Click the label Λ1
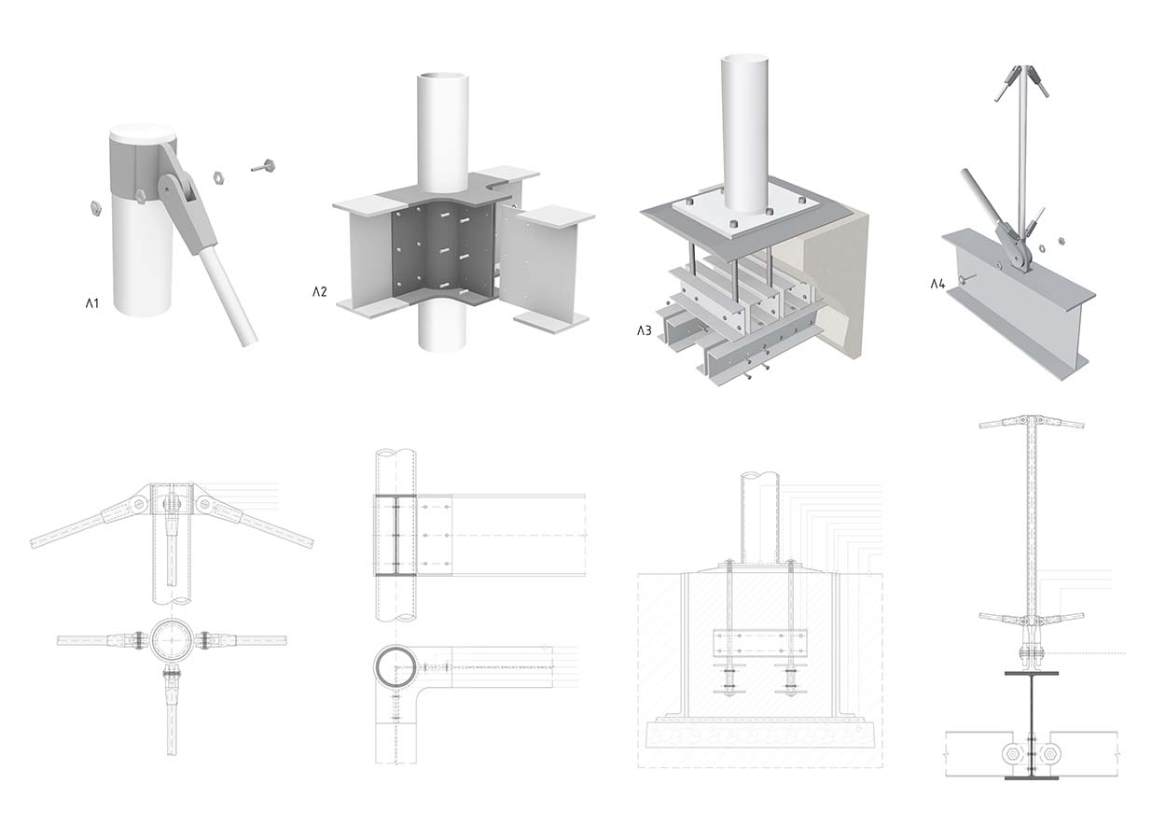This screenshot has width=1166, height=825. [x=92, y=302]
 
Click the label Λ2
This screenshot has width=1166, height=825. [x=320, y=292]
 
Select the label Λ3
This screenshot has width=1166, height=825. [x=645, y=330]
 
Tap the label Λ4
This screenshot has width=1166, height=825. [x=937, y=284]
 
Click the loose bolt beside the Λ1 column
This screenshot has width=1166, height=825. [x=262, y=167]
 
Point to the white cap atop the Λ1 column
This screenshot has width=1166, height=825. [x=141, y=132]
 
